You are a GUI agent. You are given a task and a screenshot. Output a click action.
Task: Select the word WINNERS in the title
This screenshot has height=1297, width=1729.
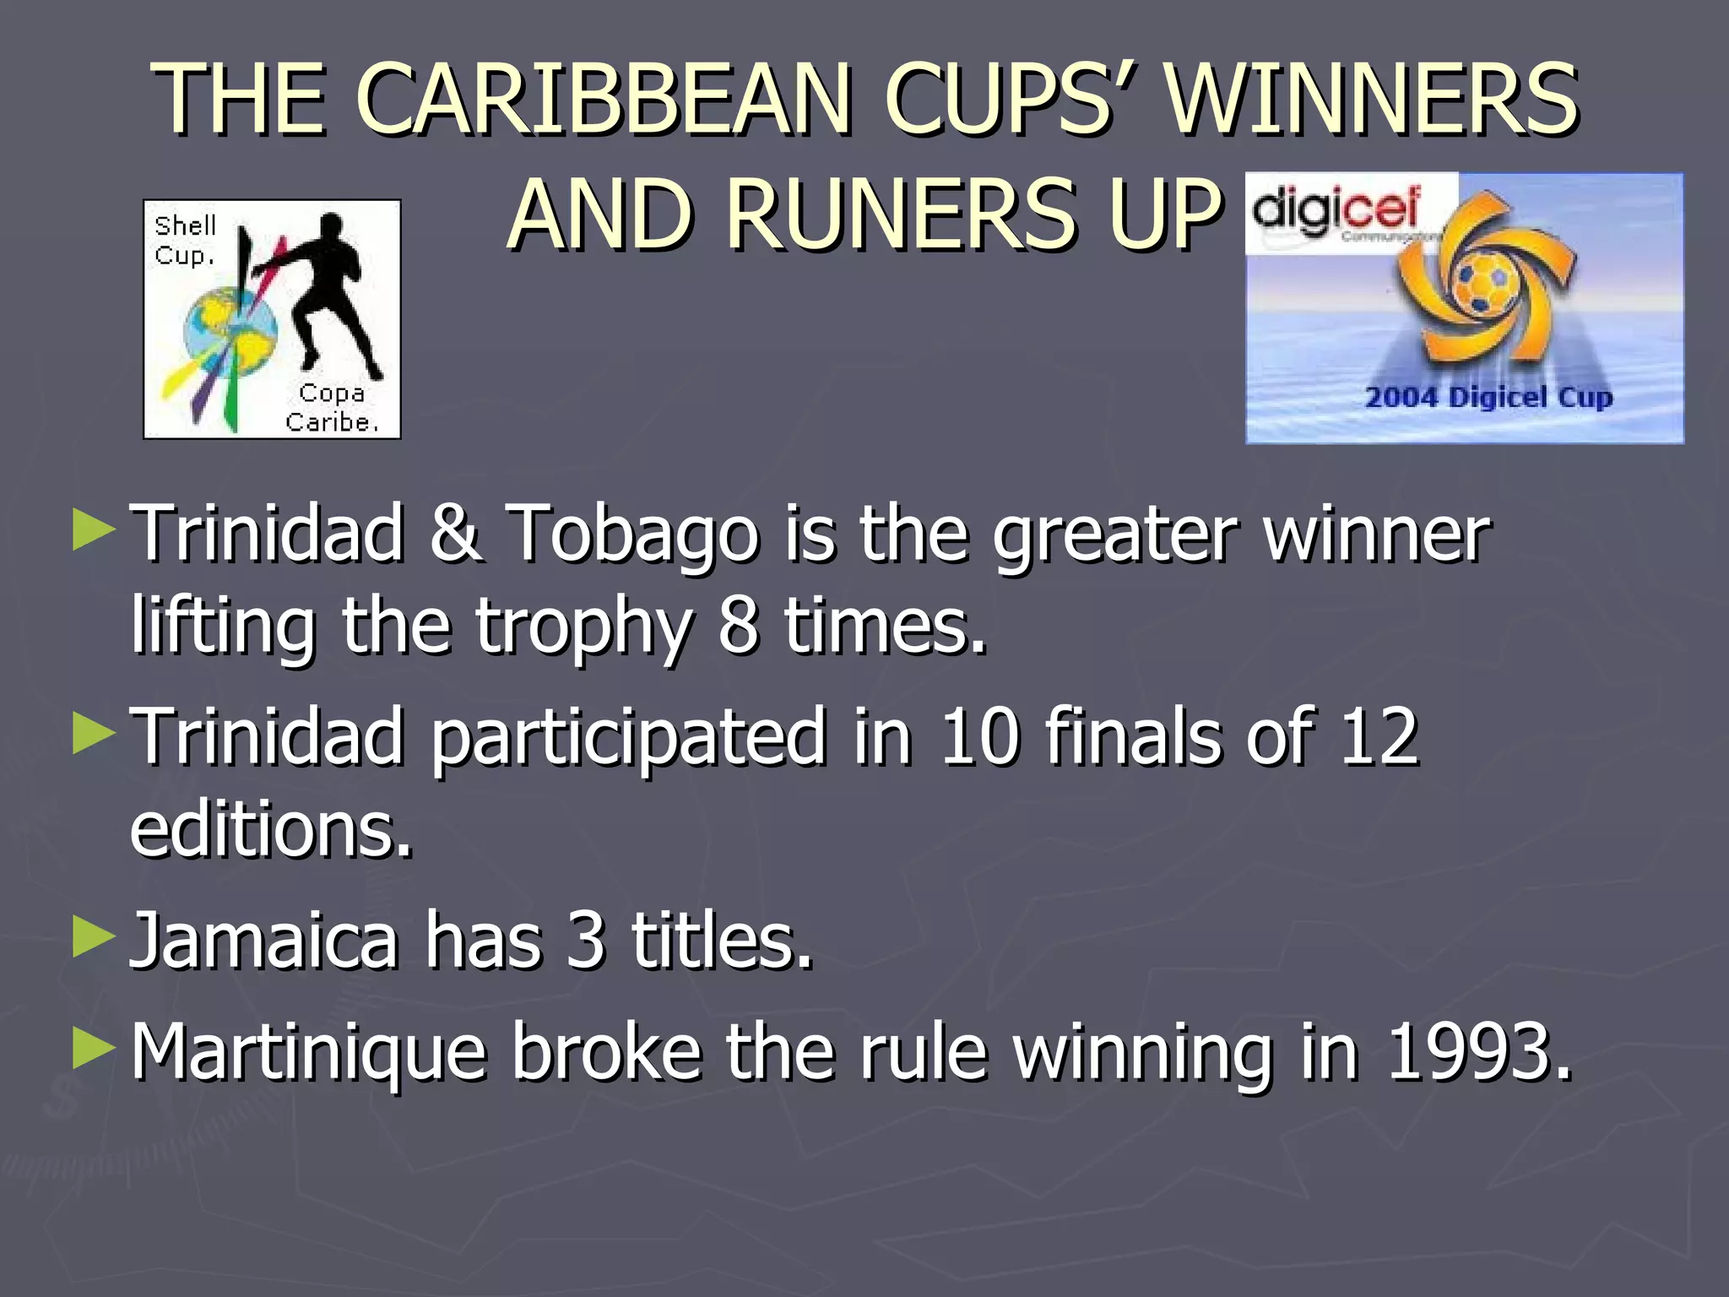[x=1372, y=100]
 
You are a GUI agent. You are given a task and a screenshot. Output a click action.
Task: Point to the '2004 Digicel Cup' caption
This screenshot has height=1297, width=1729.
[x=1488, y=397]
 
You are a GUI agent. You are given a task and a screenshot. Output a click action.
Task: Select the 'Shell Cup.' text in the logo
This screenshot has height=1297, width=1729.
[x=186, y=240]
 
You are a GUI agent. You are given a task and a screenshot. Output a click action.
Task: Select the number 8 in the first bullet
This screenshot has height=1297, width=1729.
[x=738, y=627]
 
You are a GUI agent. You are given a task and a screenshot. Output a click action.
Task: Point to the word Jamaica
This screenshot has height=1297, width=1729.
[x=263, y=941]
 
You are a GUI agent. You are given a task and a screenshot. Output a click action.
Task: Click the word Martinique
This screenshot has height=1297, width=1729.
[x=309, y=1054]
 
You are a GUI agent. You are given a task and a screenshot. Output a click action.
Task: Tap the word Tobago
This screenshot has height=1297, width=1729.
[x=633, y=534]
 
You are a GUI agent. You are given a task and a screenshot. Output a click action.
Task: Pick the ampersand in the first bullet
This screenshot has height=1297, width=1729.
[x=455, y=534]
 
